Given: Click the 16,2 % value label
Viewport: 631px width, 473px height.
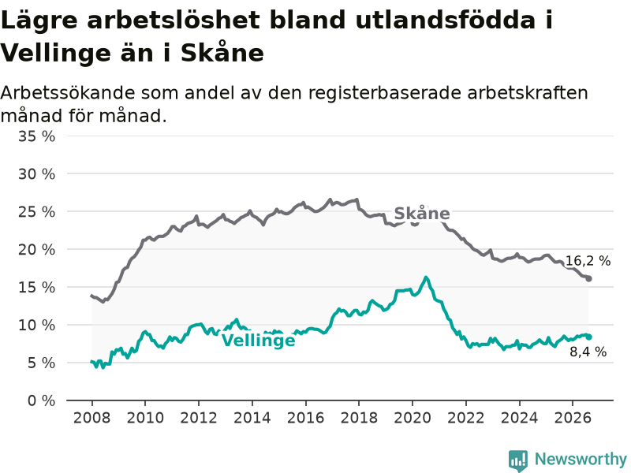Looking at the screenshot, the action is pyautogui.click(x=588, y=261).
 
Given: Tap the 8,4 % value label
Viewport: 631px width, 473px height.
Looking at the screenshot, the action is pyautogui.click(x=588, y=352).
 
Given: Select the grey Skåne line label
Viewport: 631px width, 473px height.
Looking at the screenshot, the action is pyautogui.click(x=422, y=214).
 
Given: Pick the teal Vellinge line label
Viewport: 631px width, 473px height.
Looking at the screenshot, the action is pyautogui.click(x=259, y=341).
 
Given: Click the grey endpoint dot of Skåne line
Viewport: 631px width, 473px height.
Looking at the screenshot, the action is pyautogui.click(x=588, y=278).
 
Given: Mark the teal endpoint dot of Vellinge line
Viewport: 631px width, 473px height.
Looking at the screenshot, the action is pyautogui.click(x=588, y=337).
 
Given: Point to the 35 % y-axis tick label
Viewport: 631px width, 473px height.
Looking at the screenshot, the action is pyautogui.click(x=36, y=136).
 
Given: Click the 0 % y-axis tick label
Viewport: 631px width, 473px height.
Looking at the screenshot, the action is pyautogui.click(x=42, y=400).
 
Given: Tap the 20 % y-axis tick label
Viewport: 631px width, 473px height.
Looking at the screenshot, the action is pyautogui.click(x=36, y=250).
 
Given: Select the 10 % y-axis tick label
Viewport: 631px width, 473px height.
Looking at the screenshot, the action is pyautogui.click(x=36, y=325).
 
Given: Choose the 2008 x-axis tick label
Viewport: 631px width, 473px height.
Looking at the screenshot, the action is pyautogui.click(x=91, y=418).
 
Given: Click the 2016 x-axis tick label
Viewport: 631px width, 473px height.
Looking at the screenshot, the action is pyautogui.click(x=305, y=418).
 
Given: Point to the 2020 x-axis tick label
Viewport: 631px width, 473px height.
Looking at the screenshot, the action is pyautogui.click(x=413, y=418).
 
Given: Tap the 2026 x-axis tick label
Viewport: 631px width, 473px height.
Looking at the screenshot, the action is pyautogui.click(x=573, y=418).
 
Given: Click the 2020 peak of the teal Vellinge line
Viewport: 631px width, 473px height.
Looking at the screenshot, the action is pyautogui.click(x=426, y=277).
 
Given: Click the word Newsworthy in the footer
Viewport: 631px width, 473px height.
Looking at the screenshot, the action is pyautogui.click(x=581, y=459).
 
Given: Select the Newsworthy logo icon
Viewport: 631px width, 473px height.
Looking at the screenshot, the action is pyautogui.click(x=518, y=460).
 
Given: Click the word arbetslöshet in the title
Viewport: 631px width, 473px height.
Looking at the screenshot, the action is pyautogui.click(x=174, y=20).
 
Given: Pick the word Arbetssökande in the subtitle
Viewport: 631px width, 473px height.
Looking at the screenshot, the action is pyautogui.click(x=68, y=93).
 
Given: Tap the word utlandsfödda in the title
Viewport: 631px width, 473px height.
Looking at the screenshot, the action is pyautogui.click(x=445, y=20).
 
